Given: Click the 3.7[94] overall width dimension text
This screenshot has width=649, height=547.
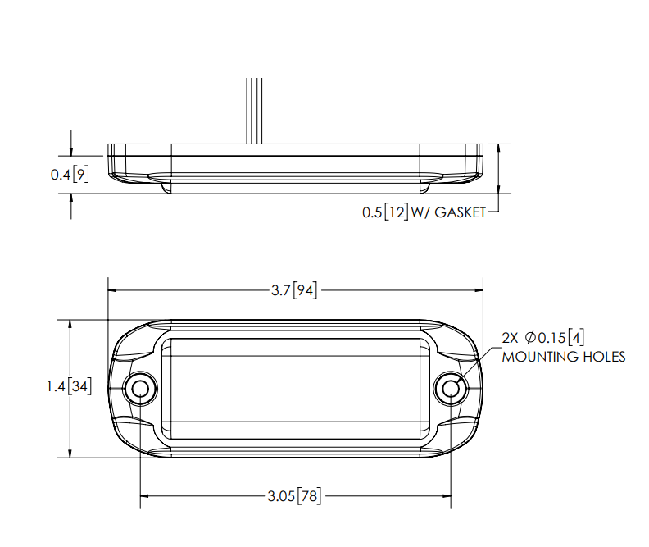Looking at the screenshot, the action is (294, 290).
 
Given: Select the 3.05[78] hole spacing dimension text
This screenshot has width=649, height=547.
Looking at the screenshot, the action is (294, 495).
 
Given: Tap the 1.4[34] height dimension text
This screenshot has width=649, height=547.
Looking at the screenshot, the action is (69, 386).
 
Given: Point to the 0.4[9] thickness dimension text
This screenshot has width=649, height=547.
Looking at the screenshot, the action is (70, 175).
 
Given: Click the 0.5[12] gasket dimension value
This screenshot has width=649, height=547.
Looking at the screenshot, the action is (385, 212).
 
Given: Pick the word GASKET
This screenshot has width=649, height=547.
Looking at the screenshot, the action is (460, 212).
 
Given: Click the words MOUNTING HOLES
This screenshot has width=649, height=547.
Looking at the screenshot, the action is (563, 357).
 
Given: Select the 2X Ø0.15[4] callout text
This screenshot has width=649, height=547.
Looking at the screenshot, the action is (543, 338).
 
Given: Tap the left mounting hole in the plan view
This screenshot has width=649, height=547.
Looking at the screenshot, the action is (140, 389).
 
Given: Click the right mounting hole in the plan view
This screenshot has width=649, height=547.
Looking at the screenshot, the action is (451, 389).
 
